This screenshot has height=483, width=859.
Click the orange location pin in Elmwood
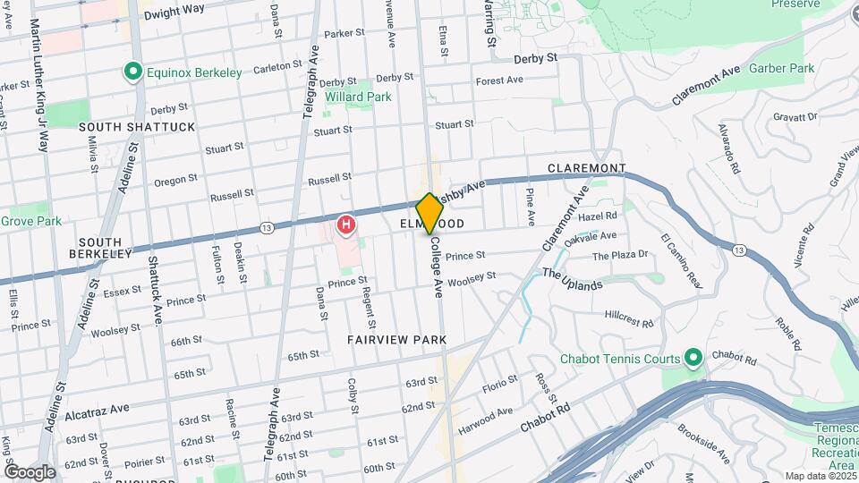tap(430, 213)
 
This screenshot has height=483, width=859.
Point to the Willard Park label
tap(358, 96)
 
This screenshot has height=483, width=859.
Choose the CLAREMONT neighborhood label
tap(586, 168)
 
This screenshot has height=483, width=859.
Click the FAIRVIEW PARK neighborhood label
tap(396, 340)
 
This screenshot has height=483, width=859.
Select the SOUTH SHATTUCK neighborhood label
tap(137, 127)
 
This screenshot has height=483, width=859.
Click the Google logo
tap(30, 471)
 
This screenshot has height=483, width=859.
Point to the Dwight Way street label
tap(174, 10)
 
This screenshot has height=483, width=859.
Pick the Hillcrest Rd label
tap(629, 317)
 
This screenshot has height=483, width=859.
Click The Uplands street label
tap(572, 280)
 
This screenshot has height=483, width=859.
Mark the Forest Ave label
tap(499, 80)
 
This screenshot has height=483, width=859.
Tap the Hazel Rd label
tap(598, 216)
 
